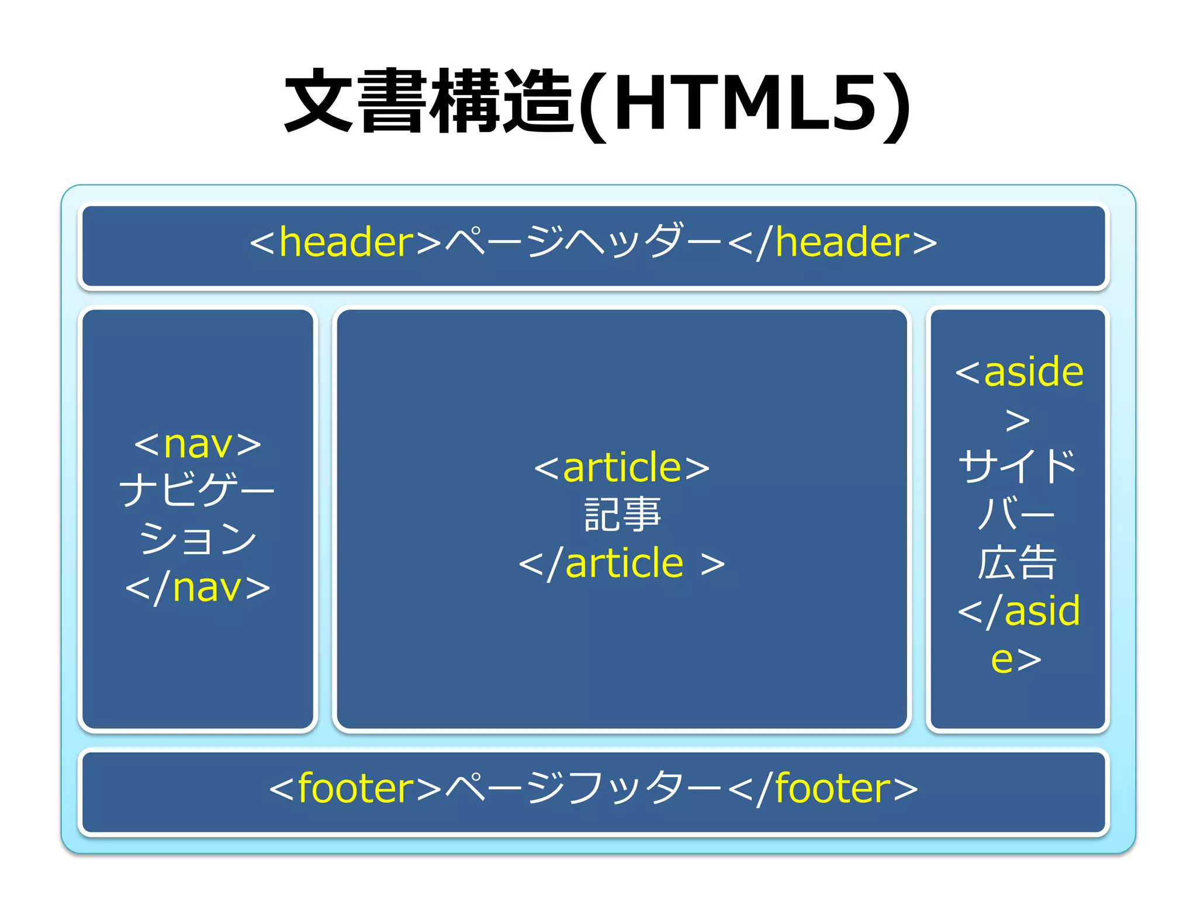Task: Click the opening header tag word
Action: coord(346,242)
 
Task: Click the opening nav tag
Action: coord(198,444)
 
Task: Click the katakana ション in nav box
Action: coord(198,538)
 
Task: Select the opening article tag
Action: coord(622,468)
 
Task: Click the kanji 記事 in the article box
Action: coord(622,515)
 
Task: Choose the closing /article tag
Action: coord(622,564)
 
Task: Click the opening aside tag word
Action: coord(1033,372)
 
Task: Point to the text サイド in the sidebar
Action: coord(1017,467)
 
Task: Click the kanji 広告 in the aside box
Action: coord(1017,563)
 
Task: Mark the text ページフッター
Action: coord(584,788)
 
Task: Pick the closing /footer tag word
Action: coord(833,789)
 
